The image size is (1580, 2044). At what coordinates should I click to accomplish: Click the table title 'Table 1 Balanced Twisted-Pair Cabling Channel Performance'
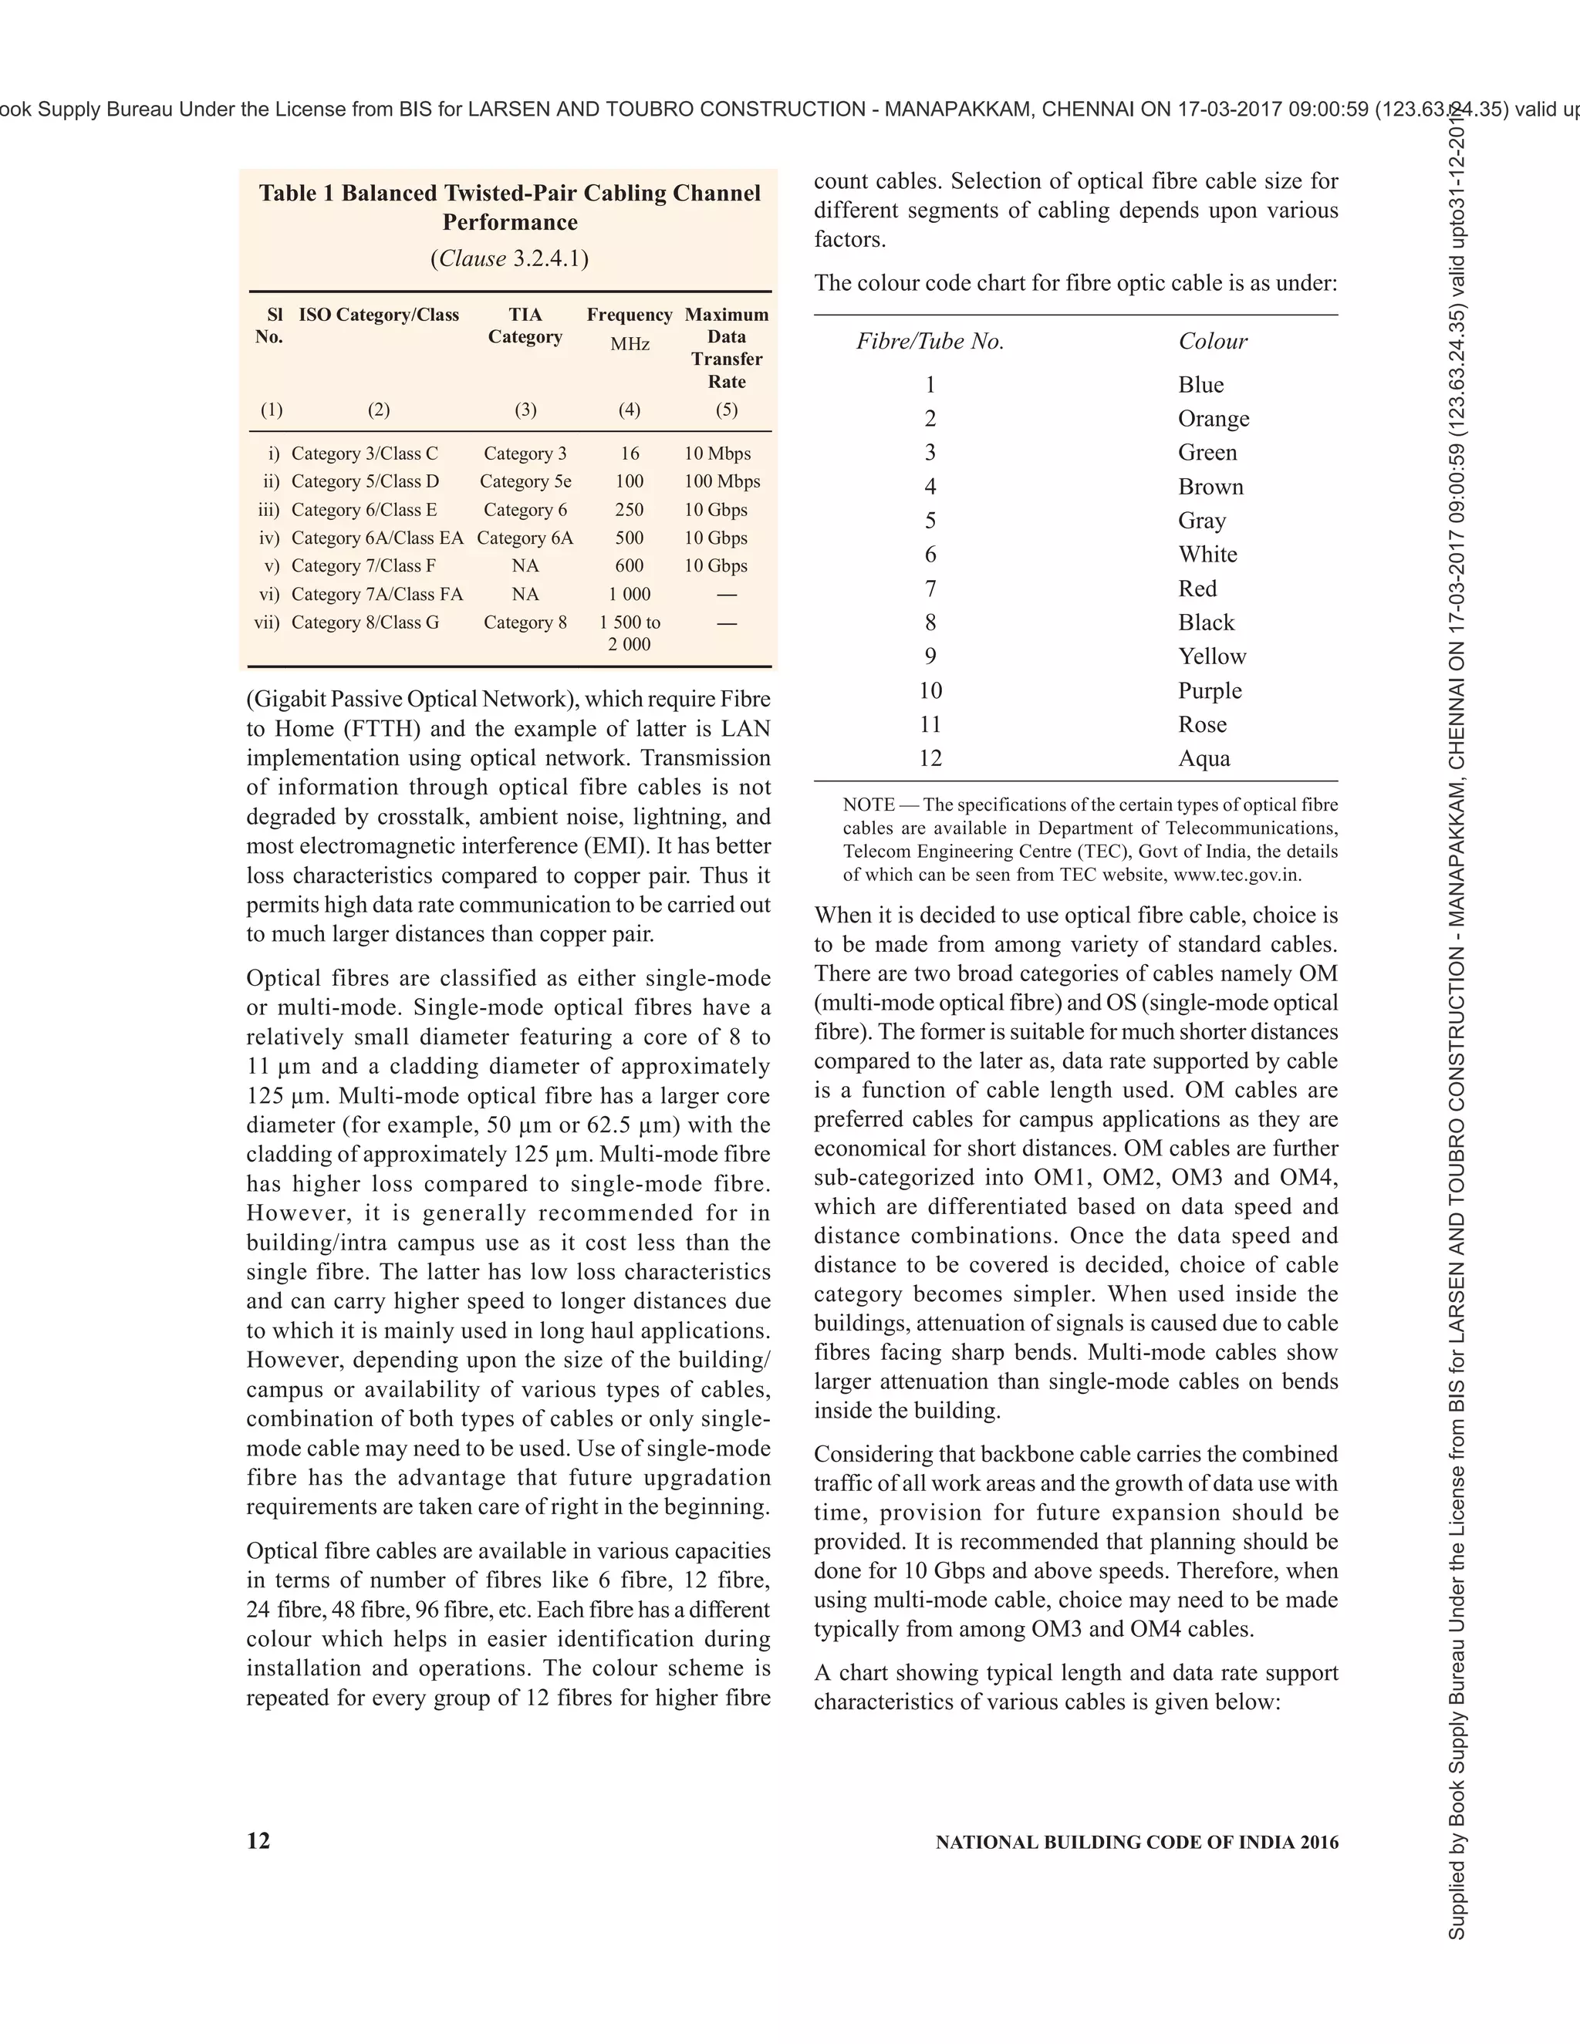coord(509,207)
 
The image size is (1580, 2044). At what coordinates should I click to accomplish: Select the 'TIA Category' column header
coord(525,325)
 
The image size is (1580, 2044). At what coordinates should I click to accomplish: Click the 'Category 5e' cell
coord(525,481)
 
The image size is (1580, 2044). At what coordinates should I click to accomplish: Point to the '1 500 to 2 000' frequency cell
coord(629,632)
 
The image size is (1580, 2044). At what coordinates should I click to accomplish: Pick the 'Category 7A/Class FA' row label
coord(376,594)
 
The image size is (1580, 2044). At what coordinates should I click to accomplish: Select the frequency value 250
coord(629,509)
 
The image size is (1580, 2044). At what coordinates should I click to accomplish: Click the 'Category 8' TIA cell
coord(525,622)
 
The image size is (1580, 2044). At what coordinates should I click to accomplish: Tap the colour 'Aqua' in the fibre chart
coord(1204,758)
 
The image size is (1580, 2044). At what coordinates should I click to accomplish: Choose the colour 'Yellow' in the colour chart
coord(1212,656)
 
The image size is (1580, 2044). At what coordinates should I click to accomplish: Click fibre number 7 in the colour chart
coord(930,589)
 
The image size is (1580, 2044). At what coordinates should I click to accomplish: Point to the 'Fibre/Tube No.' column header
coord(930,342)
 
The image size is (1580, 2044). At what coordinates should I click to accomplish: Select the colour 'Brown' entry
coord(1210,487)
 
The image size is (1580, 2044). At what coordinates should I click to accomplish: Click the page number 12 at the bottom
coord(258,1841)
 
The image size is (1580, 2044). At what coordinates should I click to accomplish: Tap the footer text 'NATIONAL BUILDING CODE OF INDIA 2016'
coord(1136,1842)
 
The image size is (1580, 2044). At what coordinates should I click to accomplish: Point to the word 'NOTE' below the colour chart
coord(868,804)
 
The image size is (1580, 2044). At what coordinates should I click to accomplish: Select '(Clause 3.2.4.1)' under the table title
coord(509,258)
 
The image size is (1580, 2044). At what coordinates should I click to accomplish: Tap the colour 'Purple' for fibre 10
coord(1210,690)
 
